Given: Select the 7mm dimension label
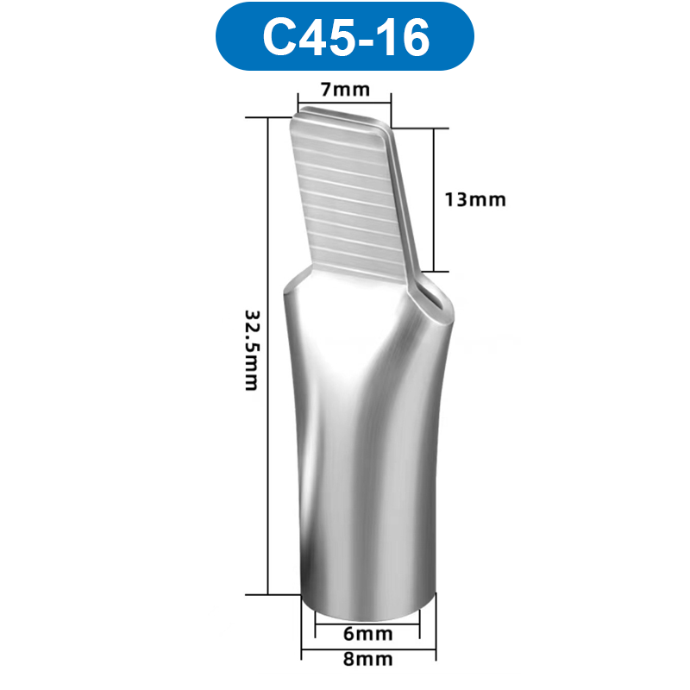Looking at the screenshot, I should (345, 89).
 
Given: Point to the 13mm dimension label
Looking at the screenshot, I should (475, 200).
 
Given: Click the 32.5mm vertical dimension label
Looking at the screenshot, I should (251, 349).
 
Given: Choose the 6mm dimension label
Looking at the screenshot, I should (367, 635).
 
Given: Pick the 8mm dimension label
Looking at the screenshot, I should (367, 660).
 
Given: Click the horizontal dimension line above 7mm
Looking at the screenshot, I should (345, 101).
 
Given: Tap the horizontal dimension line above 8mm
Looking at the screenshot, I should (367, 649).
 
